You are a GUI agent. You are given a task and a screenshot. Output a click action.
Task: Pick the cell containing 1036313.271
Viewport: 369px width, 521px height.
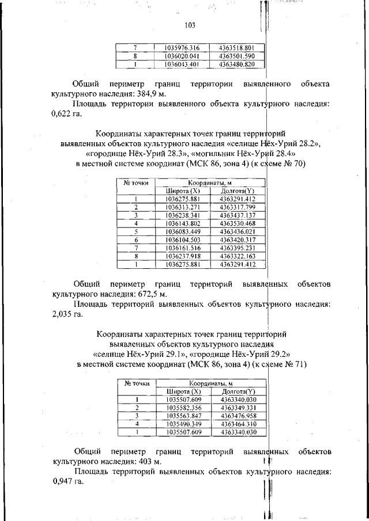[x=182, y=207]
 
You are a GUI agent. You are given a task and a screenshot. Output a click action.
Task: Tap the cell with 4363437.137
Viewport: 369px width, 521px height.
[x=238, y=215]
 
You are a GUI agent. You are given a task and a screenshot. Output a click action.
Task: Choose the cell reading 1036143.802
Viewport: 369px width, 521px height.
[x=182, y=223]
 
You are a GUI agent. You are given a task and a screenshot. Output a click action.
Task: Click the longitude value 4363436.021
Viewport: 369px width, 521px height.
[x=238, y=231]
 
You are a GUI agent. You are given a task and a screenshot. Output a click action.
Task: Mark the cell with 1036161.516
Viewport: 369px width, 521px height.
[x=182, y=248]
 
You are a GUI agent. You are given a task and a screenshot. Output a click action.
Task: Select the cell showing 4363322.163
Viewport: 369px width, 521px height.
[x=238, y=256]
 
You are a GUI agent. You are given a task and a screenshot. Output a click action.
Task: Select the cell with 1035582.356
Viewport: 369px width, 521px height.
[x=183, y=408]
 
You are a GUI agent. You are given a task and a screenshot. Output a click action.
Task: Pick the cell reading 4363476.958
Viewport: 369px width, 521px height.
[x=238, y=416]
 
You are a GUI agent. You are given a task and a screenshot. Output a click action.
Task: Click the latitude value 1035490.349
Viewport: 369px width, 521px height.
[x=183, y=424]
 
